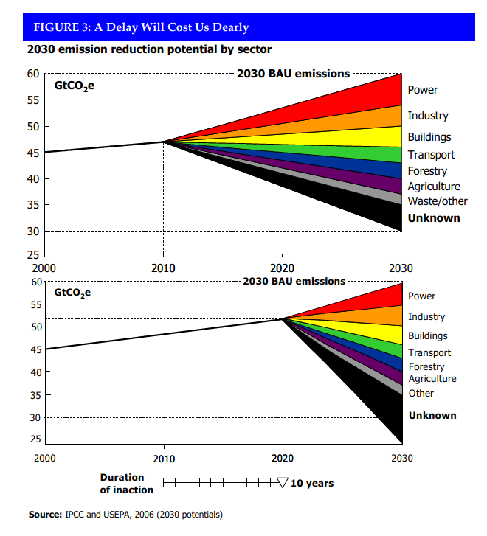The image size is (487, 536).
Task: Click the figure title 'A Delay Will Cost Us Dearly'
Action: tap(171, 27)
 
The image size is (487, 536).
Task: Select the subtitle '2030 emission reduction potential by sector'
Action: tap(149, 49)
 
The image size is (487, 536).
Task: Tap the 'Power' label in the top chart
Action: tap(422, 90)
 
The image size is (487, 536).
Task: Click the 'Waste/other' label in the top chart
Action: tap(438, 201)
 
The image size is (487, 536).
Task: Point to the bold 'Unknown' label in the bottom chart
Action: tap(432, 415)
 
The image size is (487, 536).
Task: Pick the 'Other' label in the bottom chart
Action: tap(421, 394)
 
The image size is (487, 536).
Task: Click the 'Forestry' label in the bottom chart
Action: tap(426, 367)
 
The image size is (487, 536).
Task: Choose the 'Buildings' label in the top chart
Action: tap(429, 137)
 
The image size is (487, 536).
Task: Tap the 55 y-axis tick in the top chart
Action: tap(33, 100)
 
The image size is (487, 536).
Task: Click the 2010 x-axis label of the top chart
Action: tap(163, 268)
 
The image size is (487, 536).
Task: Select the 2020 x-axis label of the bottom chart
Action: tap(283, 458)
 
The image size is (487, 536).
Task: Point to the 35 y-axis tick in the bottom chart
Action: tap(36, 395)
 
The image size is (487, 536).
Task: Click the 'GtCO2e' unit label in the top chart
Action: tap(75, 86)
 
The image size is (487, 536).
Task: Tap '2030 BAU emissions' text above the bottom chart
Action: tap(294, 282)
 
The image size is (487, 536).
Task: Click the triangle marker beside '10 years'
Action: tap(283, 483)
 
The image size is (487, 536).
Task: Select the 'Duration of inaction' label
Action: tap(127, 484)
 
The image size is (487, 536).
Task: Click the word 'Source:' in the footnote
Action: tap(45, 515)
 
